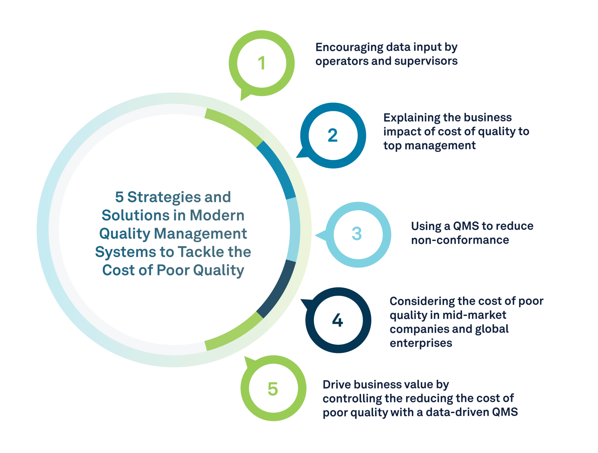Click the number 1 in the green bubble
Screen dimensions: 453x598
pyautogui.click(x=261, y=63)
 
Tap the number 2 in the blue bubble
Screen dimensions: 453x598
pyautogui.click(x=332, y=135)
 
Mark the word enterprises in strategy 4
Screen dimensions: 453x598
pyautogui.click(x=421, y=343)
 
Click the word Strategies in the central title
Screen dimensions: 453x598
pyautogui.click(x=164, y=197)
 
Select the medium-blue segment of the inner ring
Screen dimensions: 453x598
pyautogui.click(x=277, y=170)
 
